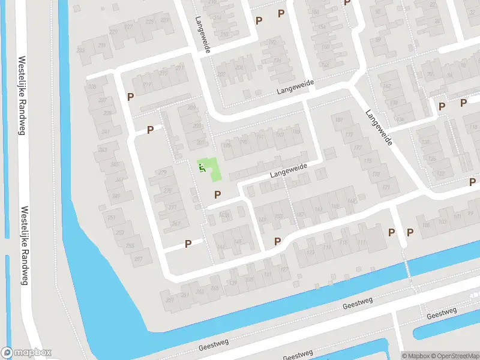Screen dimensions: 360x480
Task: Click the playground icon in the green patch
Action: [x=202, y=167]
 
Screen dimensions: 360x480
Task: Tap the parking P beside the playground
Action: [x=217, y=194]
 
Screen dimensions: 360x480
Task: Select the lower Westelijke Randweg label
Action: [x=25, y=246]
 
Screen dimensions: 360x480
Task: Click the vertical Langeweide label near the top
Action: [x=202, y=35]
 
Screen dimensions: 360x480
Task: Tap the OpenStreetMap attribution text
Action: [x=456, y=355]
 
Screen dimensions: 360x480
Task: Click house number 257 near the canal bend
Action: [x=138, y=259]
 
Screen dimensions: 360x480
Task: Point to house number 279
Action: [x=162, y=172]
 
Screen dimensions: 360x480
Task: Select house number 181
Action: [x=339, y=121]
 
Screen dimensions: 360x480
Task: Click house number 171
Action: [x=386, y=188]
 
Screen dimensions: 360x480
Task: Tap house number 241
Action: [x=106, y=132]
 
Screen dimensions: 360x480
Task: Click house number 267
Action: [x=176, y=223]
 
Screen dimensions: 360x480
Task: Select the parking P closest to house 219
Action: [x=130, y=96]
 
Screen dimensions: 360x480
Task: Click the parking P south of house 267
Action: [x=188, y=244]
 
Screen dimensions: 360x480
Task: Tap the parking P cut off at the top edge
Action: [x=347, y=2]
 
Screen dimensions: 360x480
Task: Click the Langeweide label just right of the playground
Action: [x=288, y=170]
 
